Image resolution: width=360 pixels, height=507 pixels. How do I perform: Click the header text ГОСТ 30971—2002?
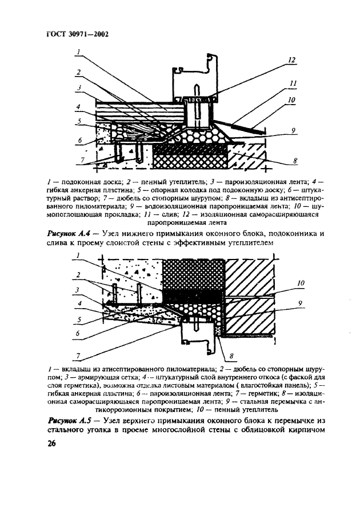[x=78, y=34]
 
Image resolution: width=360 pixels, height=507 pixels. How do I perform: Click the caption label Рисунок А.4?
[x=65, y=234]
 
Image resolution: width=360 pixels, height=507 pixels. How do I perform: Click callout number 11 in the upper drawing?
[x=293, y=83]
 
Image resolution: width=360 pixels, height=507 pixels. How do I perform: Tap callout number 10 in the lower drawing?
[x=301, y=282]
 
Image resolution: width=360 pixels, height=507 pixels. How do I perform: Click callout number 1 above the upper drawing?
[x=79, y=51]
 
